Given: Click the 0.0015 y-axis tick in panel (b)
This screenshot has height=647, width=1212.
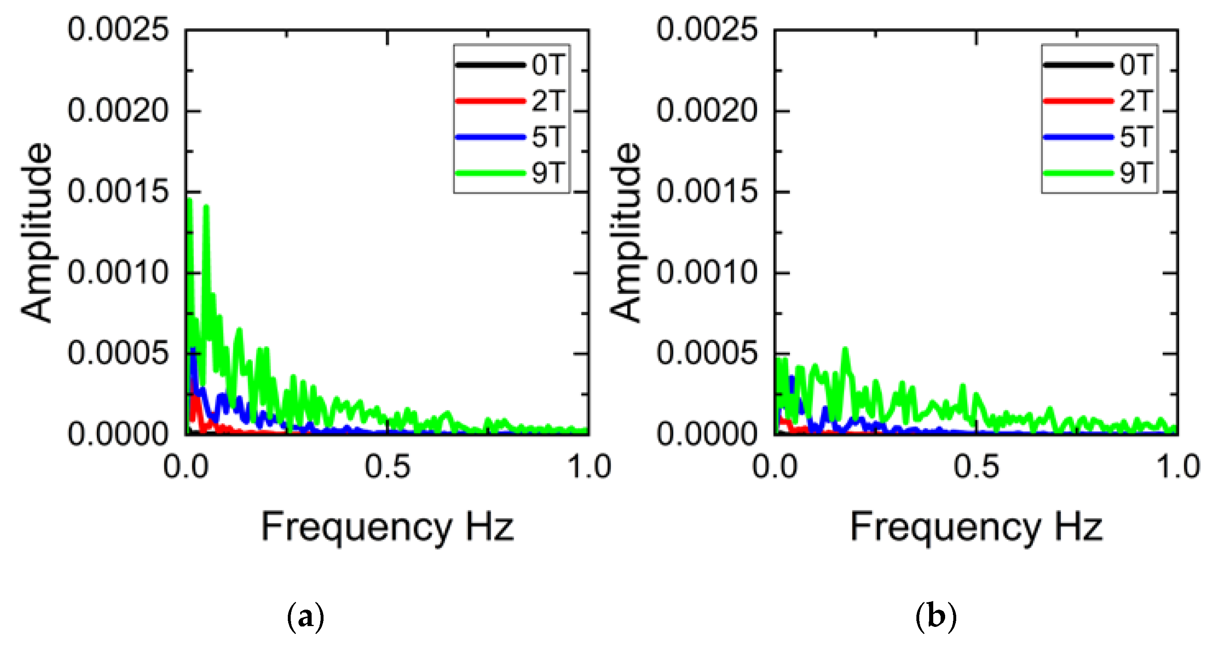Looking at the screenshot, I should pyautogui.click(x=707, y=191).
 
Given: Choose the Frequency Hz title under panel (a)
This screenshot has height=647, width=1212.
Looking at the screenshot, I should pyautogui.click(x=387, y=527).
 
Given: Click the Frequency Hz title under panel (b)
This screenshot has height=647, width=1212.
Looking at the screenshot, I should pyautogui.click(x=976, y=527).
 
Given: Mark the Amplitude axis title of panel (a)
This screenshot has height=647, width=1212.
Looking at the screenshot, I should pyautogui.click(x=37, y=233).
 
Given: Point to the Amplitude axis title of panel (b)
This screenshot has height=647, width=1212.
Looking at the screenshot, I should pyautogui.click(x=626, y=233).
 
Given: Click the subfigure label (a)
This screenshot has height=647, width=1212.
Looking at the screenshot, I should pyautogui.click(x=305, y=616).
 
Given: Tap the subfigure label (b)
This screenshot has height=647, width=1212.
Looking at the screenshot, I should pyautogui.click(x=936, y=616).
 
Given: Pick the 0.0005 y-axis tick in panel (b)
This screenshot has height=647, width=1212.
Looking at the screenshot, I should pyautogui.click(x=707, y=353).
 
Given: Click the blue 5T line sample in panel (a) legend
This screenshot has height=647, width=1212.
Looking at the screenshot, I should pyautogui.click(x=490, y=137).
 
